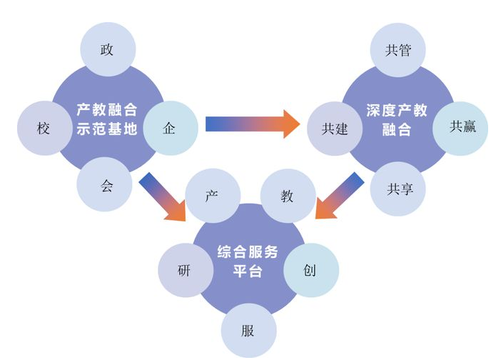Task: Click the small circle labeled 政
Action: pos(107,50)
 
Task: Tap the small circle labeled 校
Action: pos(44,129)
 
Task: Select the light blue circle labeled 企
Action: pos(170,128)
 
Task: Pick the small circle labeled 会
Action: pos(106,184)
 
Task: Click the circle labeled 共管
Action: pos(398,51)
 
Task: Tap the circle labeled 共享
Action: pos(397,188)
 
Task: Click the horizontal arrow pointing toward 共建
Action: pos(253,124)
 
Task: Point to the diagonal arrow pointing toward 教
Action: pos(338,196)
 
